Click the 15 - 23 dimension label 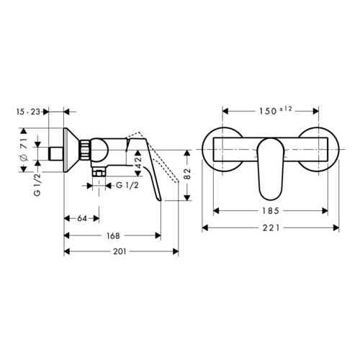coord(31,112)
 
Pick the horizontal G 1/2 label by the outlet coord(126,184)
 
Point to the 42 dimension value coord(139,166)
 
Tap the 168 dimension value coord(112,235)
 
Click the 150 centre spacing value coord(266,112)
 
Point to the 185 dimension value coord(271,212)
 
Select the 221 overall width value coord(271,228)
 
